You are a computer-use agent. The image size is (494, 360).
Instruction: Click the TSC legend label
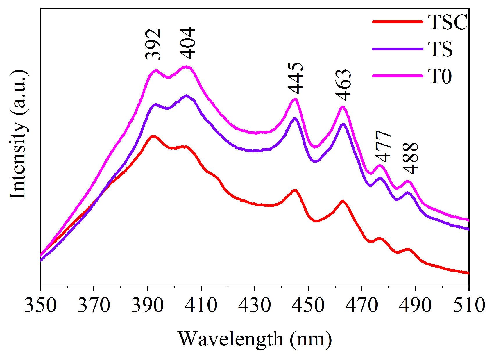pos(448,22)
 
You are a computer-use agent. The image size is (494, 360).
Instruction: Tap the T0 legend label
pos(440,76)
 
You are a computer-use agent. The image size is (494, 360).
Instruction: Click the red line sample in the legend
pos(397,22)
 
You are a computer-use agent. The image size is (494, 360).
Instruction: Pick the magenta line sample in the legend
pos(397,76)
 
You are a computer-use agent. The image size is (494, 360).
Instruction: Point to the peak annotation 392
pos(153,44)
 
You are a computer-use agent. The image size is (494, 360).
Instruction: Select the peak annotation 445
pos(296,78)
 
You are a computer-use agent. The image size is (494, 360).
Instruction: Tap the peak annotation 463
pos(343,85)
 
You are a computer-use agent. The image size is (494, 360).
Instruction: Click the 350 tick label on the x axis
pos(40,305)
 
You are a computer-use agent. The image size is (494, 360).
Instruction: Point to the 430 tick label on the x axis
pos(255,305)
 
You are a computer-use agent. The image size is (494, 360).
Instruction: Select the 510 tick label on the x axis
pos(468,305)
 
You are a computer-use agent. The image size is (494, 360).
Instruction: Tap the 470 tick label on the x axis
pos(362,305)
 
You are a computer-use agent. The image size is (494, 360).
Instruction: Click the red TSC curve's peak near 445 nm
pos(295,191)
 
